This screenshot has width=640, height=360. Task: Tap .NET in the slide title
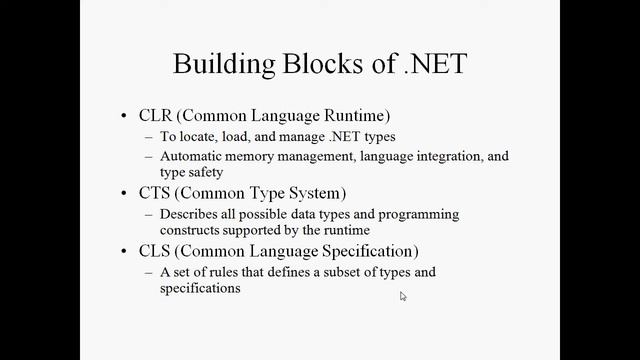[433, 64]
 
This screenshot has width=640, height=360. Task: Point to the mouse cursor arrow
[403, 296]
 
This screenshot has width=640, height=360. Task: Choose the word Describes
[189, 214]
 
